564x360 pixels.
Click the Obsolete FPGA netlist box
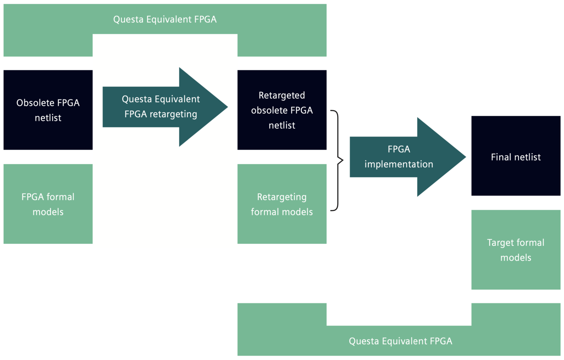tap(48, 110)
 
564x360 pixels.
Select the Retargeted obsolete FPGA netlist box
tap(282, 110)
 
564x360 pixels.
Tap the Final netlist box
tap(516, 156)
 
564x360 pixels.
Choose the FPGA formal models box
tap(48, 204)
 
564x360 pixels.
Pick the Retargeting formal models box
tap(282, 204)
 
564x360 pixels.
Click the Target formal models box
tap(516, 250)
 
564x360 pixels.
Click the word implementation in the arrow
tap(398, 164)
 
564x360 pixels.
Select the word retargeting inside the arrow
tap(173, 114)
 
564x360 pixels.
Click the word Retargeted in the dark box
tap(282, 95)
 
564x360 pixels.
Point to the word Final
tap(502, 157)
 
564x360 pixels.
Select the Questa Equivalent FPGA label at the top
tap(165, 19)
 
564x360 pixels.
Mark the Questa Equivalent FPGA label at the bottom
tap(400, 341)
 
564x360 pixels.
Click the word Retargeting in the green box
tap(282, 197)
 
